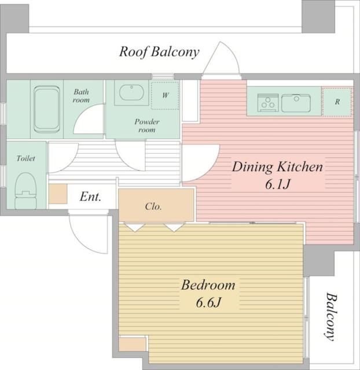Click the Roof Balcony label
[x=159, y=52]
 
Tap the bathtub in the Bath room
[x=46, y=109]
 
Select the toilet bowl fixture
[x=25, y=191]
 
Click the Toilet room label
[x=25, y=158]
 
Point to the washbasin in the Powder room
[x=131, y=92]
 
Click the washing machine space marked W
[x=165, y=95]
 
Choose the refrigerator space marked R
[x=337, y=102]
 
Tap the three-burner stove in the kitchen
[x=268, y=103]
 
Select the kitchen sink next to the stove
[x=296, y=103]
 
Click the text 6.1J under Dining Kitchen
[x=277, y=184]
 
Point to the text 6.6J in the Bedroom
[x=208, y=302]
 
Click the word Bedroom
[x=208, y=285]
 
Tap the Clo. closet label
[x=153, y=206]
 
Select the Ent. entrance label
[x=90, y=197]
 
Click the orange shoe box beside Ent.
[x=58, y=194]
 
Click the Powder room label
[x=147, y=126]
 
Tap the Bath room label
[x=81, y=95]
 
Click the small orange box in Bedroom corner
[x=133, y=345]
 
